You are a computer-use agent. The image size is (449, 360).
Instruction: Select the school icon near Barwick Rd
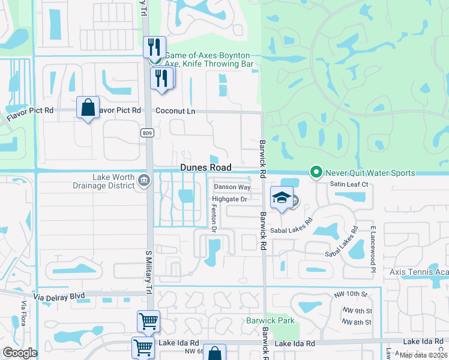(281, 197)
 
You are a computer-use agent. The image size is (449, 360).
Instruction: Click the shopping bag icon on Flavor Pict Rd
(88, 108)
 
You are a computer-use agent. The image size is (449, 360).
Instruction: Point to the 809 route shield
(148, 132)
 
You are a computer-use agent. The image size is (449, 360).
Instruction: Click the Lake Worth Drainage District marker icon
(144, 180)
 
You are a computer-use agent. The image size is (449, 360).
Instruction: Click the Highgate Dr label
(229, 199)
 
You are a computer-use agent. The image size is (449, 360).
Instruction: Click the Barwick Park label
(270, 320)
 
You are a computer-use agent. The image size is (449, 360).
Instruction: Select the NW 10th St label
(351, 295)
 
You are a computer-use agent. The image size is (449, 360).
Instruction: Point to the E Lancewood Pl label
(373, 246)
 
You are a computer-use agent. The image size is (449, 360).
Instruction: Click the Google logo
(20, 353)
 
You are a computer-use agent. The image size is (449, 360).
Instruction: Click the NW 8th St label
(357, 323)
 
